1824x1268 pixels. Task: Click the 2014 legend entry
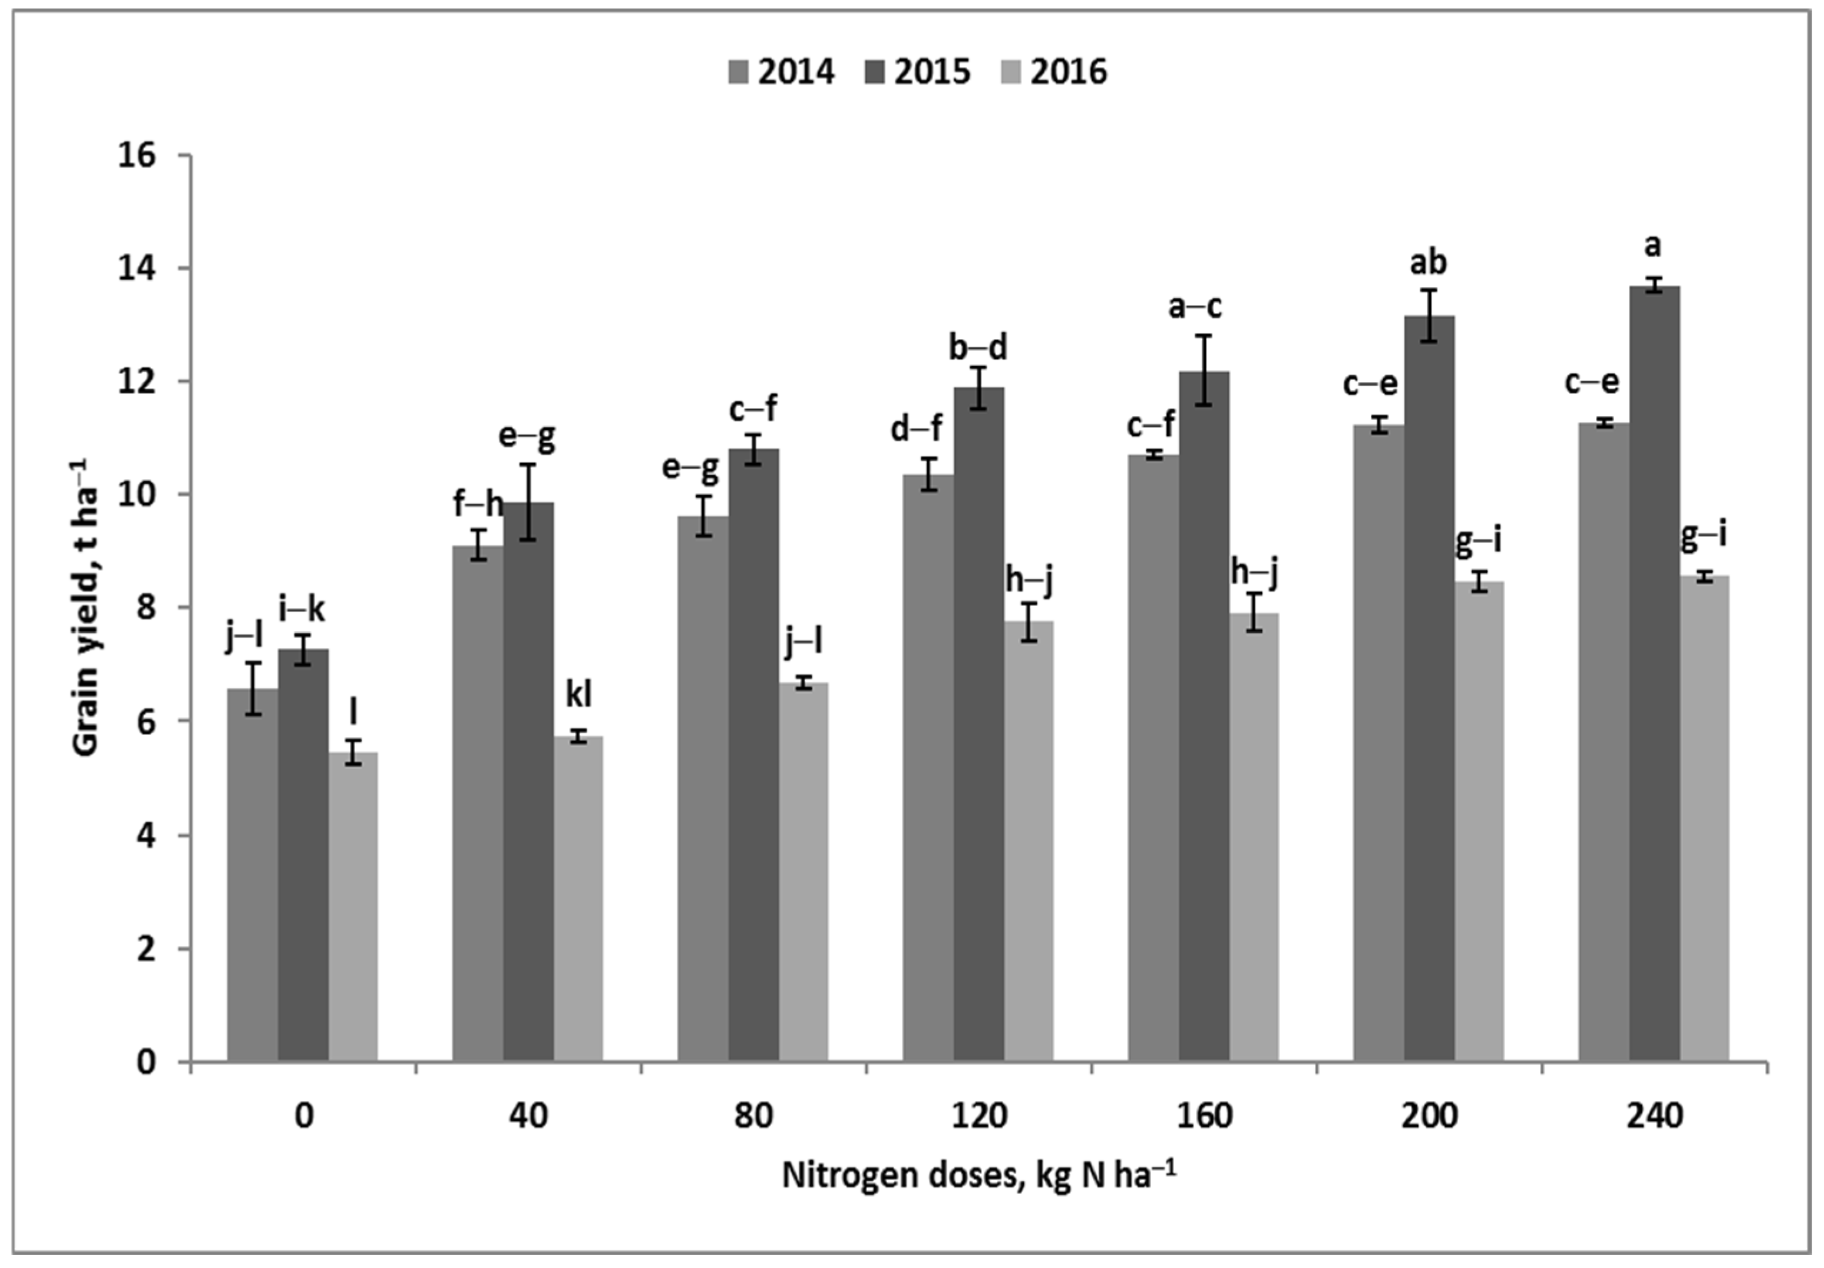[x=782, y=72]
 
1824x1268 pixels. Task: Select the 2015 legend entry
[x=917, y=72]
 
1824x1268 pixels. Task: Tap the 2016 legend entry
[x=1054, y=72]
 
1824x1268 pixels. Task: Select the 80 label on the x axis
[x=753, y=1116]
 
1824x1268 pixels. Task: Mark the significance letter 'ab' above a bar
[x=1428, y=262]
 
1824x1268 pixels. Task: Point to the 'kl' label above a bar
[x=578, y=695]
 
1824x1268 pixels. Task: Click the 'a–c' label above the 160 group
[x=1195, y=307]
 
